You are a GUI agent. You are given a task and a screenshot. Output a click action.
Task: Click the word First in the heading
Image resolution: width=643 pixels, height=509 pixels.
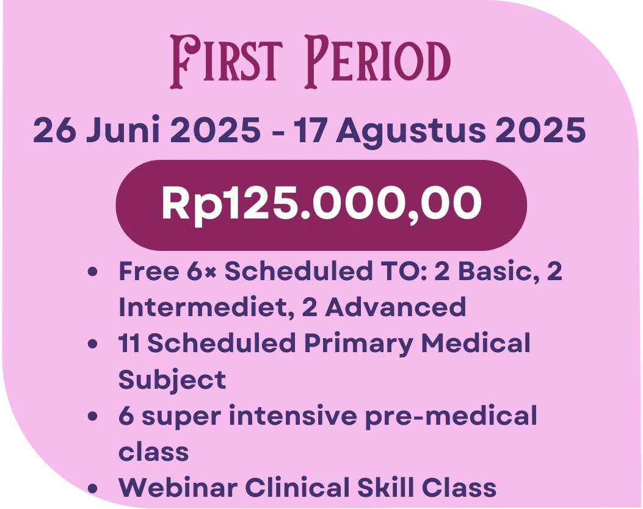tap(227, 62)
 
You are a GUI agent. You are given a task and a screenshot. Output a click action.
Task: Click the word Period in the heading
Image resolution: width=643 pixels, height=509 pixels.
tap(377, 62)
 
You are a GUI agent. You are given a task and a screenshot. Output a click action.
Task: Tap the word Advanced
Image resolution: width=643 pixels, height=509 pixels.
tap(396, 307)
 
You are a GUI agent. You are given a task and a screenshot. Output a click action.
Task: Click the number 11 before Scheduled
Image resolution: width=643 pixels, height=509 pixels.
tap(129, 343)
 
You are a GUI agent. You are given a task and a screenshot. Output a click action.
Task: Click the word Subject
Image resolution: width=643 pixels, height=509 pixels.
tap(172, 380)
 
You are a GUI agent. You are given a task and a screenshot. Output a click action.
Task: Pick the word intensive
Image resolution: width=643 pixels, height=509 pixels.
tap(292, 416)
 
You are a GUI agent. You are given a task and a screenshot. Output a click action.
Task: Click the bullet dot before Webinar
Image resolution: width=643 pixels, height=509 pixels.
tap(93, 488)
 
